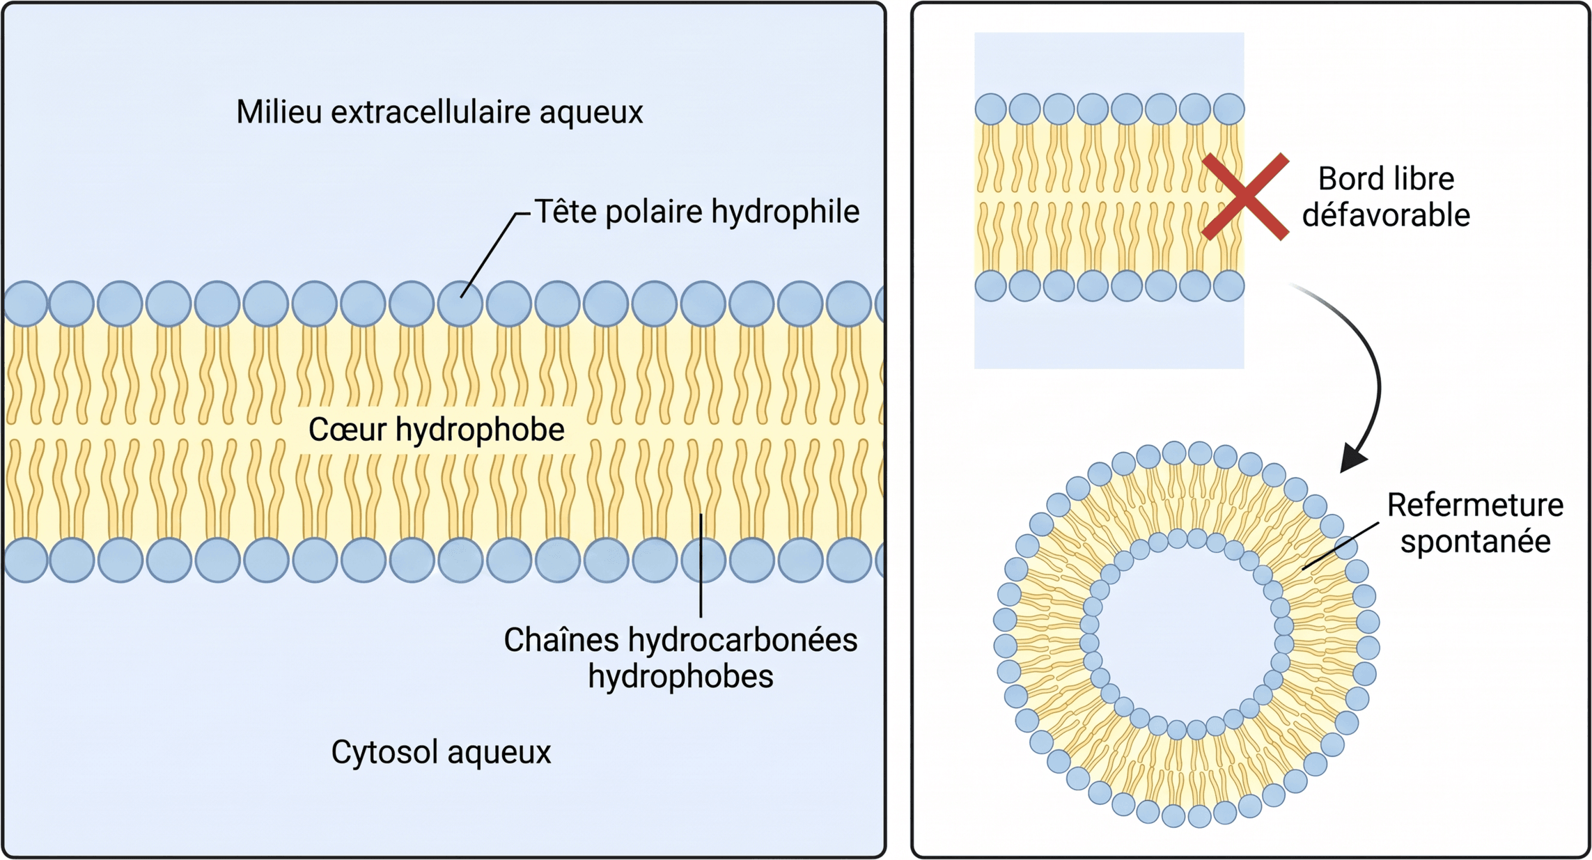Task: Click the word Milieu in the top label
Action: click(279, 111)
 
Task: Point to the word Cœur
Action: click(347, 429)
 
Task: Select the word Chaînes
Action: click(561, 640)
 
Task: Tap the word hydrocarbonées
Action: click(742, 640)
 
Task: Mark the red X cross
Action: click(1245, 196)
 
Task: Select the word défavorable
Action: click(1386, 215)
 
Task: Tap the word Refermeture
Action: click(1475, 505)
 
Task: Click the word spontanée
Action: click(1476, 542)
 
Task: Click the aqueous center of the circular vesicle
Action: click(1187, 634)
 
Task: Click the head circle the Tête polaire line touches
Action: click(460, 304)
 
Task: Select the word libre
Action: click(1421, 179)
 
